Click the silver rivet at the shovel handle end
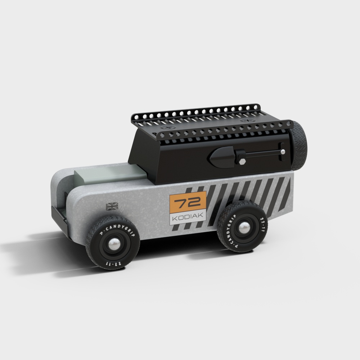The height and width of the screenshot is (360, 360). [x=283, y=152]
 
